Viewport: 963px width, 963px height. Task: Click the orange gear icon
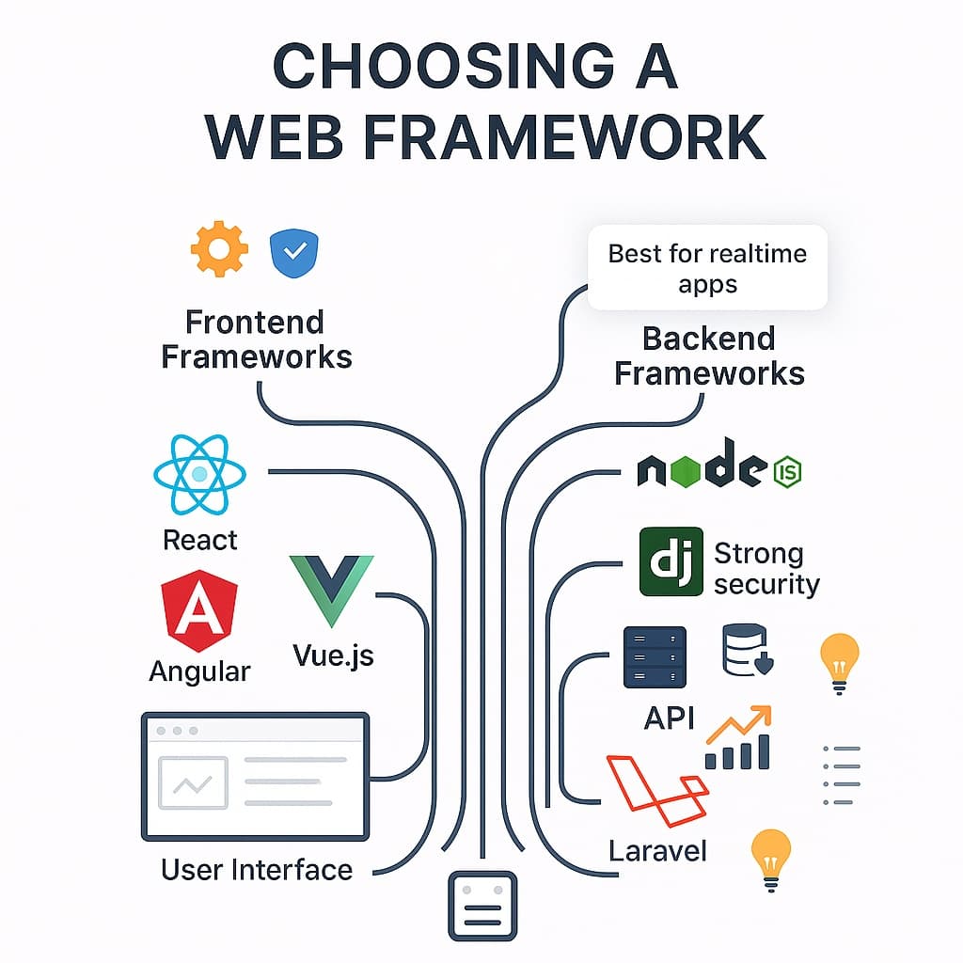pos(219,250)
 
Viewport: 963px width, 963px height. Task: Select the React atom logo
pos(199,476)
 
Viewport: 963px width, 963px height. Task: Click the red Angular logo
pos(199,611)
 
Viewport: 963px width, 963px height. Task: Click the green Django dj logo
pos(671,561)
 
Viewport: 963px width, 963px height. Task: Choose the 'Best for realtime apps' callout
pos(707,268)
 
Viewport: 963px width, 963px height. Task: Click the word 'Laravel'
pos(657,851)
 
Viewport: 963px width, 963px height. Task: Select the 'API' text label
pos(669,718)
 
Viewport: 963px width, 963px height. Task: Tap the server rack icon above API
pos(655,656)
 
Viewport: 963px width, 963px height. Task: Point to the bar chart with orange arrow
pos(738,738)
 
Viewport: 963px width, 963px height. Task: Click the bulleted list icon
pos(841,776)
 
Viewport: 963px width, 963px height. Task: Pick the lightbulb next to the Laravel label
pos(770,860)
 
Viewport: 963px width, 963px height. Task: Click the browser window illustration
pos(254,776)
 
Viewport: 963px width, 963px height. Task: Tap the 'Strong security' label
pos(766,568)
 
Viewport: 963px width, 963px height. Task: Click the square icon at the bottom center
pos(482,906)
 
